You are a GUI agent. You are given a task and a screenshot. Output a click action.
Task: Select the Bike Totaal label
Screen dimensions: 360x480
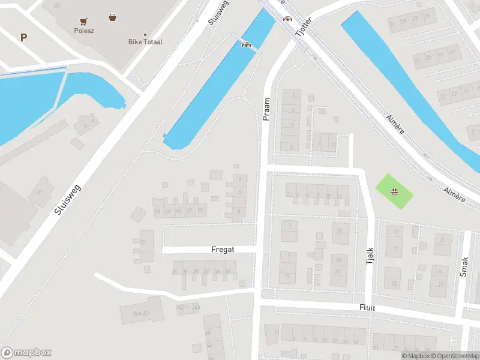point(145,42)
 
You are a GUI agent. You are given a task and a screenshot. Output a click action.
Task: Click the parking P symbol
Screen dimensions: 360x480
point(23,37)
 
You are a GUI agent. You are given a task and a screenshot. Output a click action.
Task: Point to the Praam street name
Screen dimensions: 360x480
point(266,109)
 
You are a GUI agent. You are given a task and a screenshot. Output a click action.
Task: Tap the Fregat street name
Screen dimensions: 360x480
point(222,249)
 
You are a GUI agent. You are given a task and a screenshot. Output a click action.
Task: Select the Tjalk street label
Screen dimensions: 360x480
point(370,256)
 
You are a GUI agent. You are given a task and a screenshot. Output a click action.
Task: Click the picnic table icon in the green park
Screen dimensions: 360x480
point(395,192)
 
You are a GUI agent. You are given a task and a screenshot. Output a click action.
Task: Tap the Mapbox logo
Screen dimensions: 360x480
point(26,352)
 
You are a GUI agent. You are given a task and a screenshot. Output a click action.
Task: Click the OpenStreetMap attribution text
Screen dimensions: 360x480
point(446,356)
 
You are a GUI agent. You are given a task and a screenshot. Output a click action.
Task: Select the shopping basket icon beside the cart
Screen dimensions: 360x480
point(112,17)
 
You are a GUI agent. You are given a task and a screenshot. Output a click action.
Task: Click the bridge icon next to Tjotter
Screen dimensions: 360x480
point(287,18)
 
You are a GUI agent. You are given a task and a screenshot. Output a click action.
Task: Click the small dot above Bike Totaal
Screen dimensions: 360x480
point(145,34)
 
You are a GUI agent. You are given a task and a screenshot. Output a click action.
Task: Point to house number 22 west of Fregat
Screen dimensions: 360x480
point(143,242)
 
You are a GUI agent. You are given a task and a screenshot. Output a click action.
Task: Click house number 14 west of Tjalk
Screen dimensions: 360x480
point(340,232)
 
